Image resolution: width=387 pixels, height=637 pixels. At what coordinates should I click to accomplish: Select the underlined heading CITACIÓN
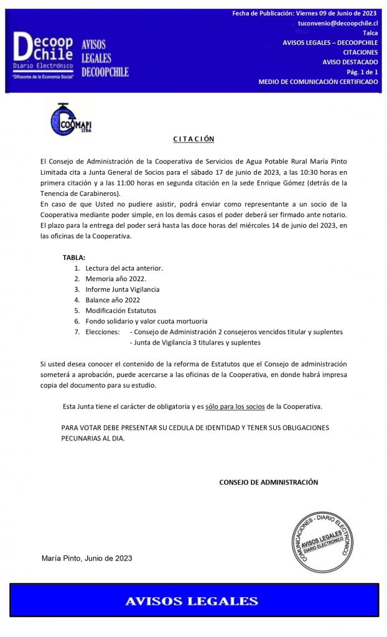tap(193, 139)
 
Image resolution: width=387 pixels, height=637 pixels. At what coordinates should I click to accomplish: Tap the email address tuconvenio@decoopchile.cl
tap(338, 23)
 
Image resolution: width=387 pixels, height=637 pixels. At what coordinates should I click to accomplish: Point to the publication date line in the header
tap(305, 13)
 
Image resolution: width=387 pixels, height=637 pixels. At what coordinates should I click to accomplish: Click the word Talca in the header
tap(370, 33)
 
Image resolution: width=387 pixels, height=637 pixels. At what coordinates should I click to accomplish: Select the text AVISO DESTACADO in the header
tap(350, 62)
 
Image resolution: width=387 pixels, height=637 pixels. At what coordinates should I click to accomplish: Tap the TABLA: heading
tap(74, 258)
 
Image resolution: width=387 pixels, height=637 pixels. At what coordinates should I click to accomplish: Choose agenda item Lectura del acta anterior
tap(124, 268)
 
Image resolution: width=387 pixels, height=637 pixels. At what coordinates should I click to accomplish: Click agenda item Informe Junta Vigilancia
tap(123, 289)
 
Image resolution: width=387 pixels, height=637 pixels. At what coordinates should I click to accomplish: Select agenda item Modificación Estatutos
tap(121, 310)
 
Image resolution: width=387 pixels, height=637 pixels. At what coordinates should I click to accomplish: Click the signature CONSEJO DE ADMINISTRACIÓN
tap(268, 482)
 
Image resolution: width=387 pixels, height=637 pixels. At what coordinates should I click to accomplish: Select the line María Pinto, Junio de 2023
tap(86, 558)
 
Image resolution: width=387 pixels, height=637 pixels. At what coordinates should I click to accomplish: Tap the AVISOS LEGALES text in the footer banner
tap(192, 601)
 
